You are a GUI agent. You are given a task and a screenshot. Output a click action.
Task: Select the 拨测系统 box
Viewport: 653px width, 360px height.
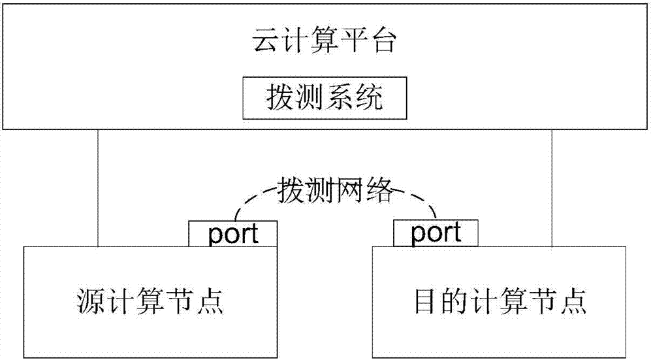pos(325,99)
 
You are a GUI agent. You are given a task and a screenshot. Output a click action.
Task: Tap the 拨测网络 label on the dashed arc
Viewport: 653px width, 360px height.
pos(336,190)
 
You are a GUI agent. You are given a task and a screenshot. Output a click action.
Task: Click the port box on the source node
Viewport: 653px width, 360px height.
pos(233,234)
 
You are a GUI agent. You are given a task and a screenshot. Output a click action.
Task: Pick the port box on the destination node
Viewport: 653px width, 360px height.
pos(436,232)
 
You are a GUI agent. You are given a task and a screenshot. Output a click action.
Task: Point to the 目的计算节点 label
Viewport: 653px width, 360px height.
pos(500,302)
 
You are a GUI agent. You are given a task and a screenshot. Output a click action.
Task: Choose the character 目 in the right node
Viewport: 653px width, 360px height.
pos(428,302)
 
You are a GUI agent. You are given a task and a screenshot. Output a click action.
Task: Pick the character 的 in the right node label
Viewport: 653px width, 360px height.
pos(457,302)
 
